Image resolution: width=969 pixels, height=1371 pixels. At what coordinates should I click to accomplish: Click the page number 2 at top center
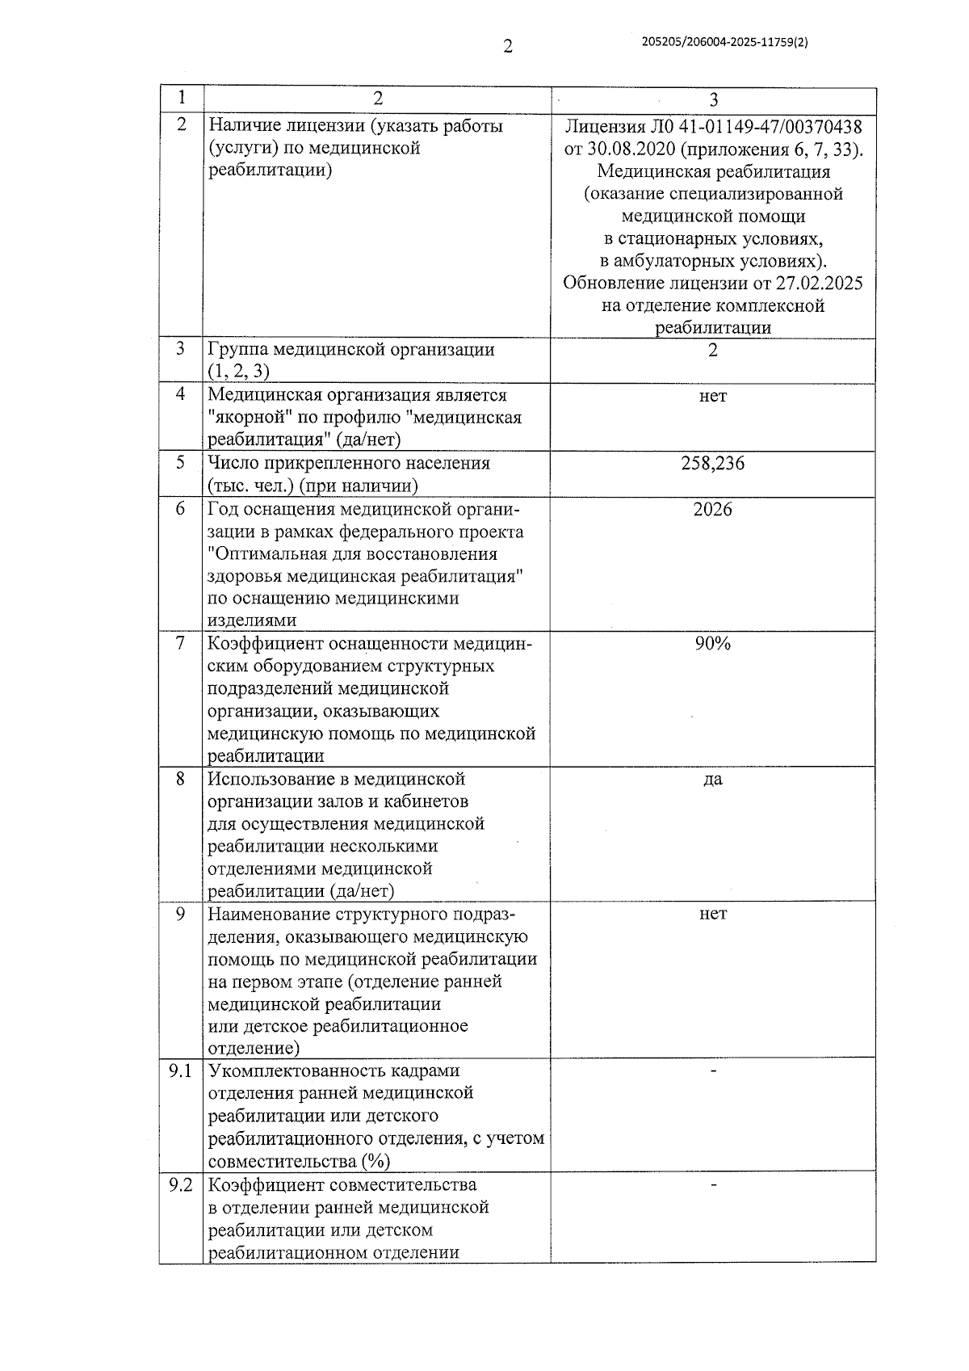click(508, 46)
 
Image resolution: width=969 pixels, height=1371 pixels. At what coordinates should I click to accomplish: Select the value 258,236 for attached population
click(713, 464)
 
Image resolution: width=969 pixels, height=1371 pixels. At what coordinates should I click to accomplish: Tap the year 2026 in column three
click(713, 509)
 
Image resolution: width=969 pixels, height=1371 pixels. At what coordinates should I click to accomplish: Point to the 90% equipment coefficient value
click(713, 644)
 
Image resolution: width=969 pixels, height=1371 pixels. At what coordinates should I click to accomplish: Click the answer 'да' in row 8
click(713, 780)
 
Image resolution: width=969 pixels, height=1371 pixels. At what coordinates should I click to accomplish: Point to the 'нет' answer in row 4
click(713, 396)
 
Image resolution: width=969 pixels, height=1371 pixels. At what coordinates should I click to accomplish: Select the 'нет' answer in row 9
click(713, 914)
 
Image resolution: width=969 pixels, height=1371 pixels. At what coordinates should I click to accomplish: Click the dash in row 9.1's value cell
click(713, 1070)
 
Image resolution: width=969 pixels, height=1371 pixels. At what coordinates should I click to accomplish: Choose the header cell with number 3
click(713, 99)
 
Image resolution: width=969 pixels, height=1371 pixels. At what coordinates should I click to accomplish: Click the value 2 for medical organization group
click(713, 351)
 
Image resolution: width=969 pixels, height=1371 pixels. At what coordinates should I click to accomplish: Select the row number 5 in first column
click(181, 463)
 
